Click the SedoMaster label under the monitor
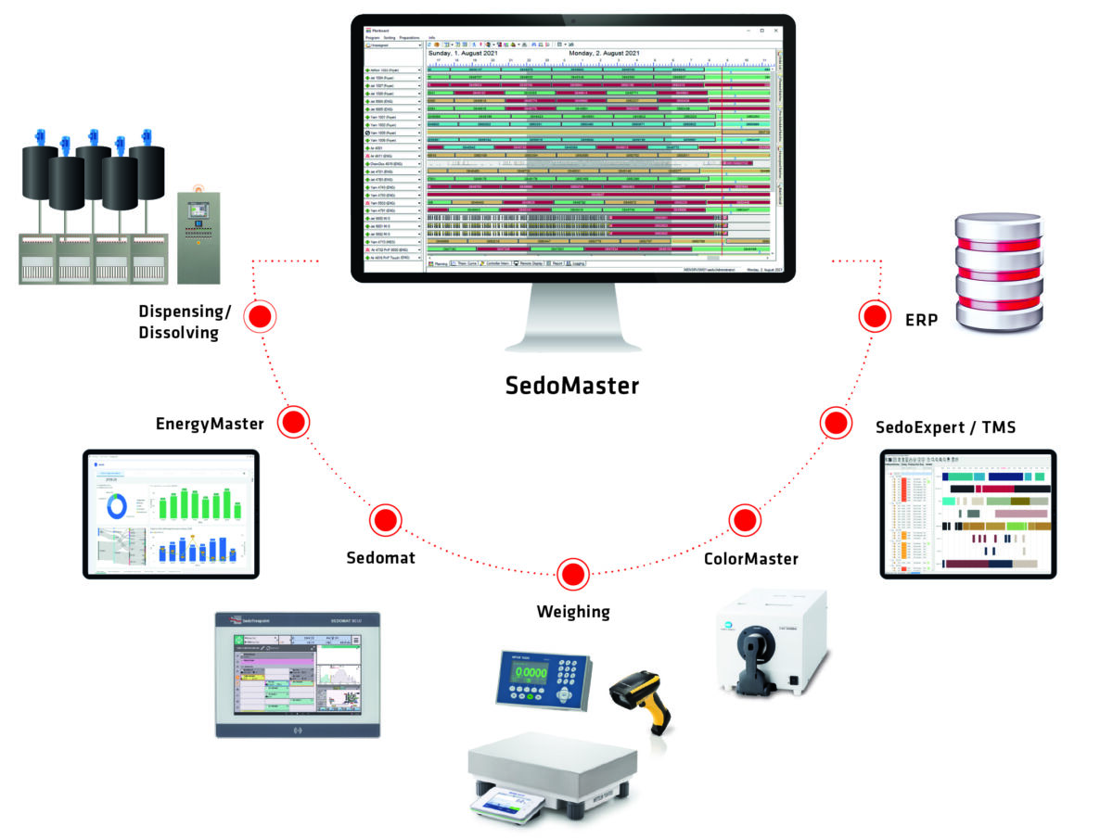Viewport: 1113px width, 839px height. [572, 384]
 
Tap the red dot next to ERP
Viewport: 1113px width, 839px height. [874, 317]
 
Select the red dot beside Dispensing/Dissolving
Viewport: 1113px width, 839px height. [261, 317]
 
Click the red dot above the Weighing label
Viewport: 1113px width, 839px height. [573, 572]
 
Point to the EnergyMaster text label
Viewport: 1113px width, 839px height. [211, 425]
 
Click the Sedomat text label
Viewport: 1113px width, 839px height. [380, 558]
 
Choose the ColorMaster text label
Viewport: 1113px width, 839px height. [751, 558]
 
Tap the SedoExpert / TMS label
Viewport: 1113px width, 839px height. [946, 427]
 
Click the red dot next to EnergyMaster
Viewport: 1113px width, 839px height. [293, 423]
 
